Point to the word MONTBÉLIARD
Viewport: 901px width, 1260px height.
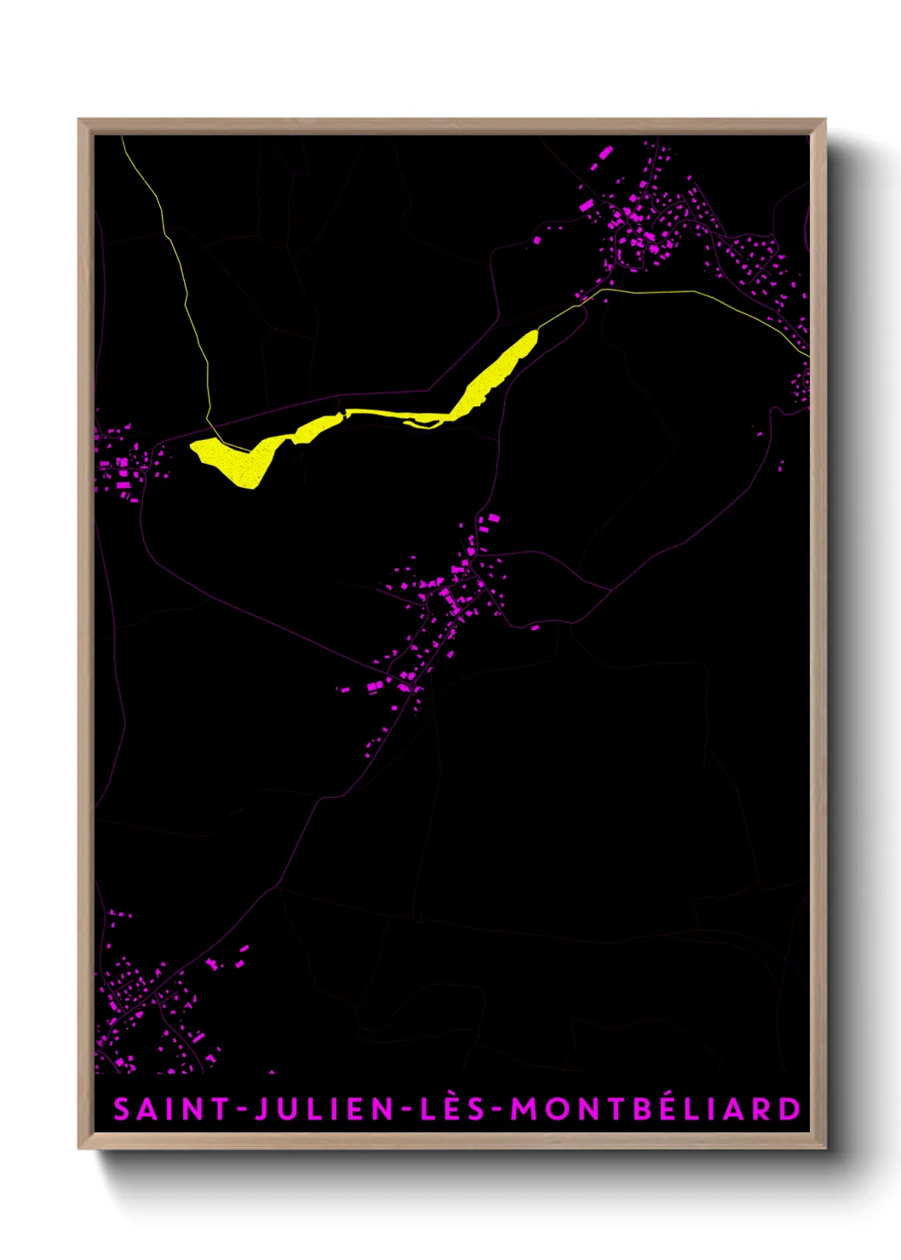click(656, 1108)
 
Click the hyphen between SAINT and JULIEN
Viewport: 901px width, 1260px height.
click(242, 1110)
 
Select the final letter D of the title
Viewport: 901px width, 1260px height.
click(790, 1109)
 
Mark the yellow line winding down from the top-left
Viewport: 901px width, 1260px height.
click(184, 281)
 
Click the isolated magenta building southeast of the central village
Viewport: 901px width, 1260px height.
click(535, 627)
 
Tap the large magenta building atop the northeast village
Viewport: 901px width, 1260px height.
click(606, 152)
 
